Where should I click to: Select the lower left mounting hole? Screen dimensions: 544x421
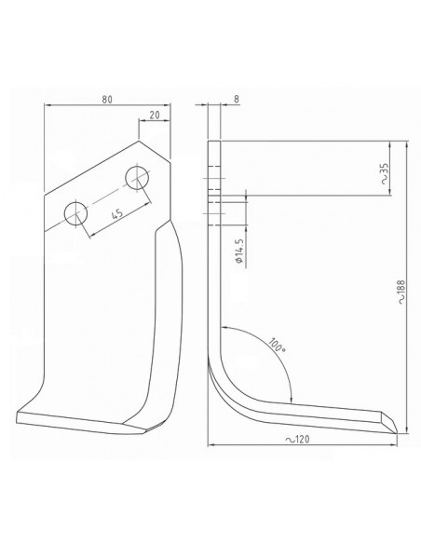(75, 215)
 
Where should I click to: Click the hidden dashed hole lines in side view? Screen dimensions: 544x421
(216, 197)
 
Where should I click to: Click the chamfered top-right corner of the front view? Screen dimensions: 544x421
(158, 154)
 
